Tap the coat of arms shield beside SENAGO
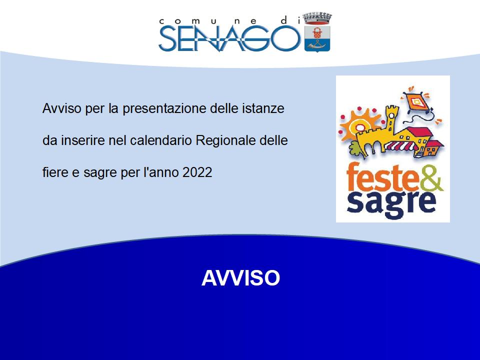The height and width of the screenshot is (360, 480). [317, 38]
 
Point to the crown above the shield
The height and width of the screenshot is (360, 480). [317, 18]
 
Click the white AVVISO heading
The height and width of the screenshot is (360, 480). [240, 278]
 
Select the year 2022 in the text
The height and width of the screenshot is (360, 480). [197, 172]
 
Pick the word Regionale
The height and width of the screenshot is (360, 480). [225, 140]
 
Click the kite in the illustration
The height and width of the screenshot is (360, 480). [416, 101]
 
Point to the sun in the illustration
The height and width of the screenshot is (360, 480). [359, 125]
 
